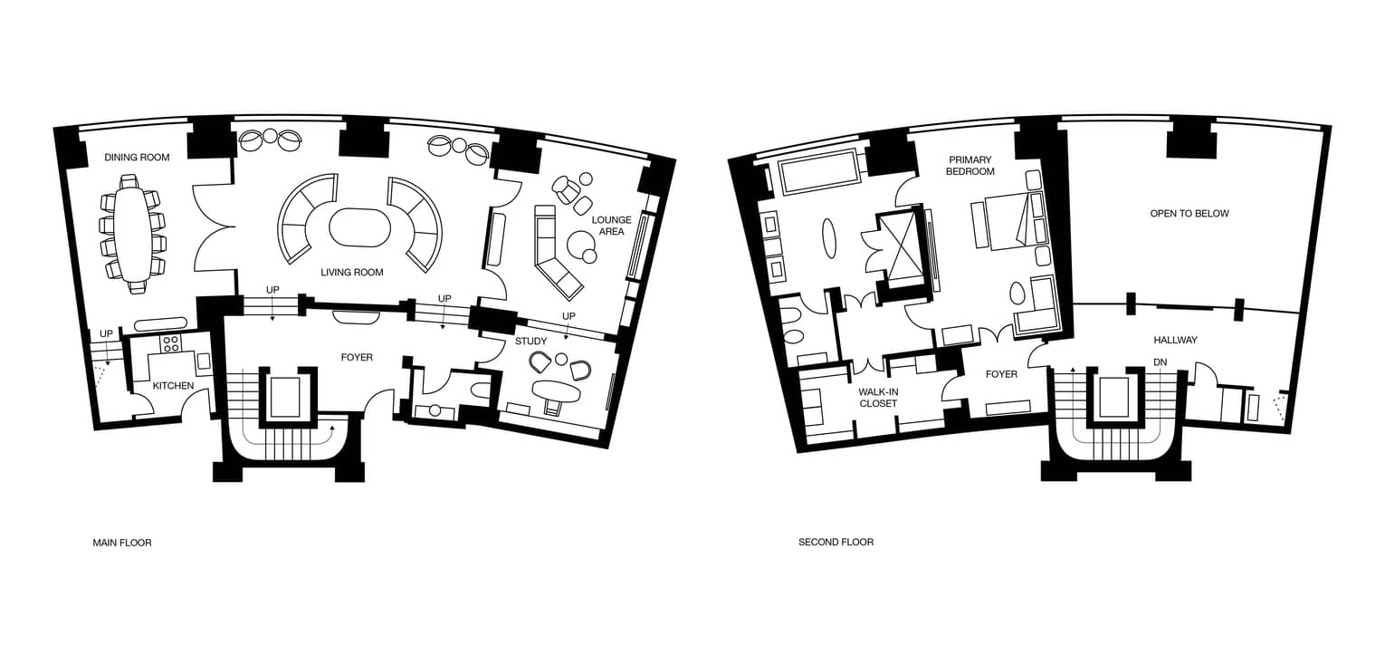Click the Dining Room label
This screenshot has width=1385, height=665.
(x=137, y=157)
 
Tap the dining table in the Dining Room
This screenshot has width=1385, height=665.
(x=133, y=233)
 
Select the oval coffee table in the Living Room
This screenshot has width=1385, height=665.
(x=360, y=227)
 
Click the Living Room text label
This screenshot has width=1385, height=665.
(x=352, y=272)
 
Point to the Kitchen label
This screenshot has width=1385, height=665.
(x=173, y=385)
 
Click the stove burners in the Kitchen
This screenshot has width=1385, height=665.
(x=171, y=343)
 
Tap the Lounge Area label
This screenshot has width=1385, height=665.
(x=612, y=226)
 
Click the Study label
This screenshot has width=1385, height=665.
(x=531, y=341)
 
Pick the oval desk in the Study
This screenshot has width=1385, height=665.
(x=556, y=391)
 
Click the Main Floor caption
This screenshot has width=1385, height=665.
(x=122, y=543)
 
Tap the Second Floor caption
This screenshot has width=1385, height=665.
(x=836, y=542)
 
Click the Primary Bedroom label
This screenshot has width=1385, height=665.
(x=970, y=165)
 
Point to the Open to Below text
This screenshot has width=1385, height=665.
(x=1189, y=214)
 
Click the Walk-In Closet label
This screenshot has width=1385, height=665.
(x=878, y=397)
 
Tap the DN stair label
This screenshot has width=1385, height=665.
(x=1160, y=361)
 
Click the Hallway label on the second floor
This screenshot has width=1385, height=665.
(x=1175, y=340)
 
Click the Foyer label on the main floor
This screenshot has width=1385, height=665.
(x=357, y=357)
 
